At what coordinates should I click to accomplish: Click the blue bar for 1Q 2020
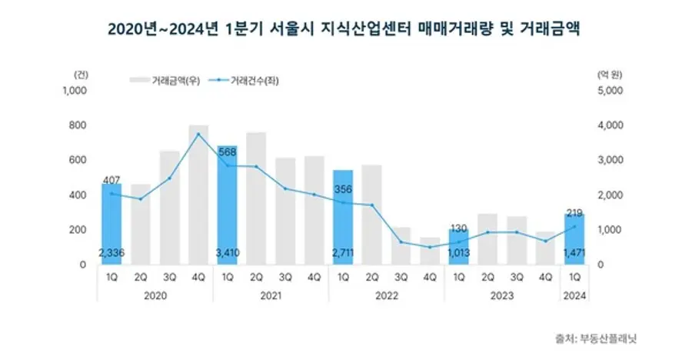click(x=112, y=223)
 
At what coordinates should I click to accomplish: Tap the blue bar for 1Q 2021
click(x=228, y=205)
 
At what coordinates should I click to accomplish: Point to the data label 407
click(x=112, y=180)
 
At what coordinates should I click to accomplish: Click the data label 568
click(x=228, y=151)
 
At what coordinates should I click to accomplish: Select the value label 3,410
click(x=228, y=252)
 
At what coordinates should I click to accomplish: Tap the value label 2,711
click(x=343, y=252)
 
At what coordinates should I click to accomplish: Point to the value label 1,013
click(x=458, y=252)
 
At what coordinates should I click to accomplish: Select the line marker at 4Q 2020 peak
click(x=198, y=135)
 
